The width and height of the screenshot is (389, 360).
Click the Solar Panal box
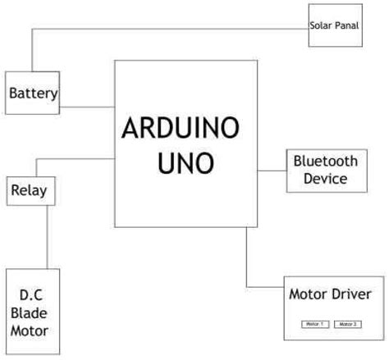click(334, 25)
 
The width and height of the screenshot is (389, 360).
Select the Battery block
click(34, 93)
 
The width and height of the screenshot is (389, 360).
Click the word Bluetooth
click(326, 161)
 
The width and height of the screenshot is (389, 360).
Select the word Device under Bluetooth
click(326, 178)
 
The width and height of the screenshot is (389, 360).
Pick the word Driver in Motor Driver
click(354, 294)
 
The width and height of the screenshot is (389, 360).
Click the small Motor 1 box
click(315, 324)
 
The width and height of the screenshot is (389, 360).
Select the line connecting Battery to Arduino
click(88, 107)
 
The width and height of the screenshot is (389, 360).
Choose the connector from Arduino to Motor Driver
click(247, 262)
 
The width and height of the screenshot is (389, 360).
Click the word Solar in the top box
click(320, 25)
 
